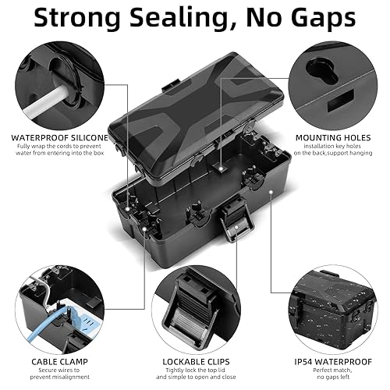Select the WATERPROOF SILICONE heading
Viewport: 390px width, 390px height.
[59, 138]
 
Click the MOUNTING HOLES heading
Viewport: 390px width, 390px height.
[333, 138]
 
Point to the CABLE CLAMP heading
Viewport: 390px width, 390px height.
[59, 362]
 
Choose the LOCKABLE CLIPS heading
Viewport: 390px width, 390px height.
[196, 362]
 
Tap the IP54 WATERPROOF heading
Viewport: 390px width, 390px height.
[333, 362]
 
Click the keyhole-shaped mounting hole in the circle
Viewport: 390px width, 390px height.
[321, 70]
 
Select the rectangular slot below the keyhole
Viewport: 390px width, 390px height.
[341, 101]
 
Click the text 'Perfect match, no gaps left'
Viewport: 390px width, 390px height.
[333, 374]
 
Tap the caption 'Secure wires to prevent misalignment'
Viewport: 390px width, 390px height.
[59, 374]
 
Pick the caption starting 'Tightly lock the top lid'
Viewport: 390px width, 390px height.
[196, 374]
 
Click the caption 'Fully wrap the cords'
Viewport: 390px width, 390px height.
[59, 150]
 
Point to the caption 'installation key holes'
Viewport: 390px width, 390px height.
[333, 150]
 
